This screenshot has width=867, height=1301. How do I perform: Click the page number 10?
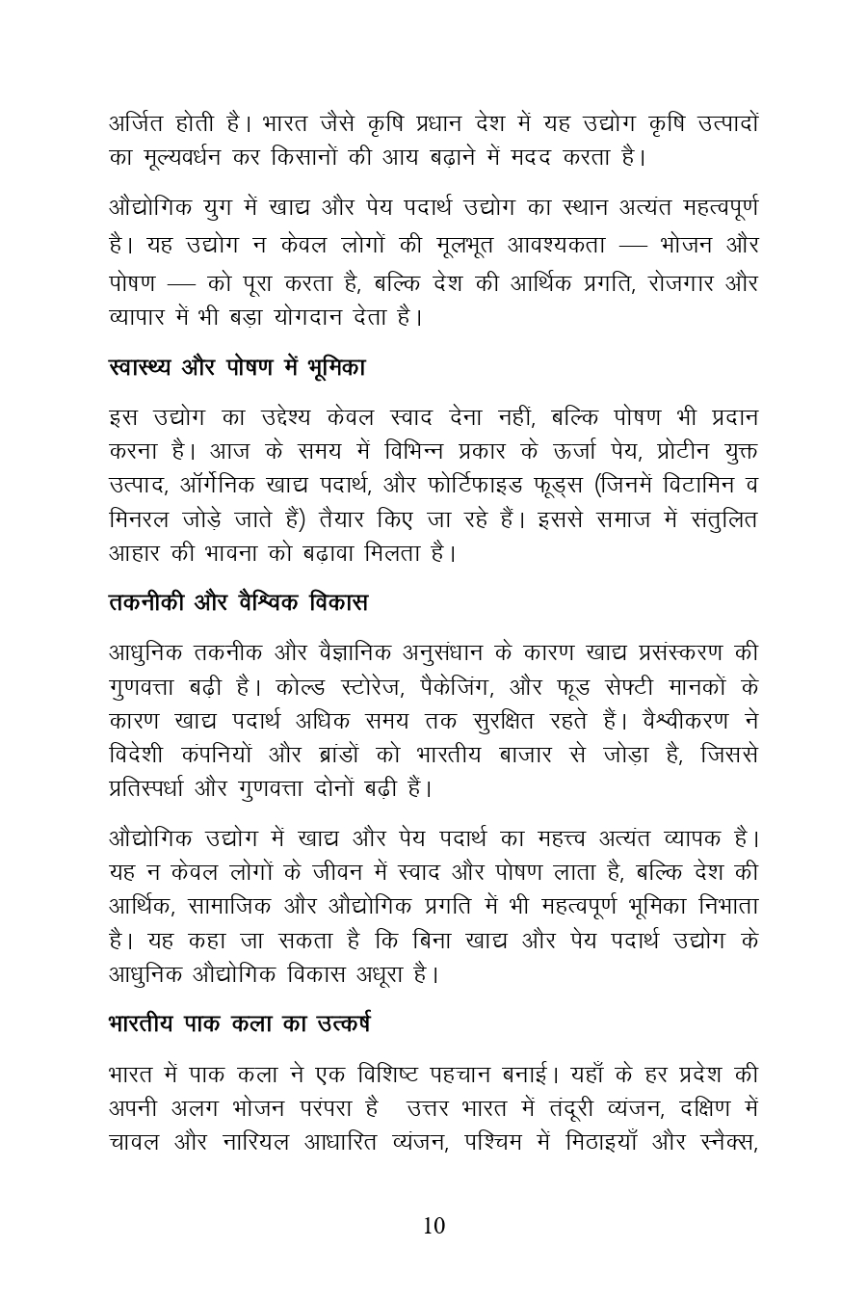pos(433,1226)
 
